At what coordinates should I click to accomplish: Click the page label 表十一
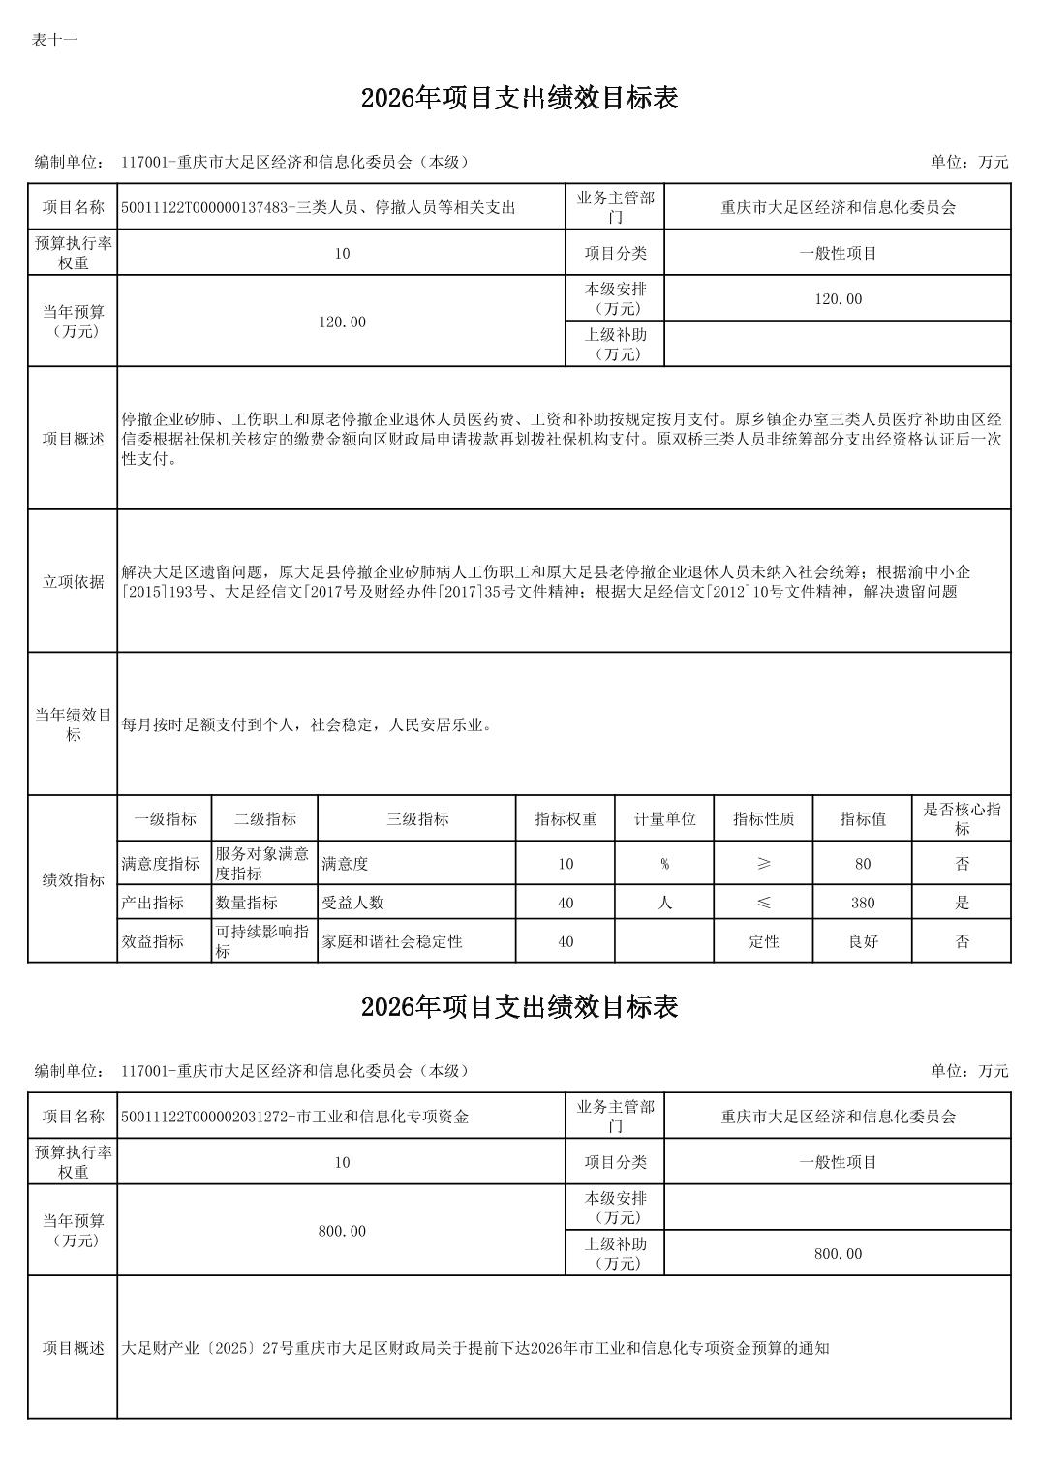click(54, 40)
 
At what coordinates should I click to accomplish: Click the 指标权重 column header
click(566, 818)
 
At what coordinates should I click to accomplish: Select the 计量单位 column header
click(664, 818)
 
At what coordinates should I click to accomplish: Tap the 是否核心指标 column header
click(962, 818)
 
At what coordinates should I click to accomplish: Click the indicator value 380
click(862, 903)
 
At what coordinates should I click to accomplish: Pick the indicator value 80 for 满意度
click(862, 864)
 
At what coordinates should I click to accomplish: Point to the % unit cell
click(664, 864)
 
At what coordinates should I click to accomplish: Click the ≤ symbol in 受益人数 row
click(763, 903)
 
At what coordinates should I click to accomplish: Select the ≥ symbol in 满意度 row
click(763, 864)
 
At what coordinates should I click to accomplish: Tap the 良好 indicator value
click(862, 941)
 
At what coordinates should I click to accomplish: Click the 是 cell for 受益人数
click(962, 903)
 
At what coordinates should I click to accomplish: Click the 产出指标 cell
click(153, 903)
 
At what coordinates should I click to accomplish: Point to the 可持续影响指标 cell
click(262, 941)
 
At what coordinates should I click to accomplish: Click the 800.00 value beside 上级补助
click(838, 1254)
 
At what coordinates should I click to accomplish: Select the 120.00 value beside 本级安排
click(838, 299)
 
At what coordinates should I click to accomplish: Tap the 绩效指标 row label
click(73, 879)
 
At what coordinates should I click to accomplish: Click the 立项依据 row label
click(73, 581)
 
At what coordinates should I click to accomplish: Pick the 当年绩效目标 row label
click(73, 724)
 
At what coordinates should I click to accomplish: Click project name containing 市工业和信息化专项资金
click(295, 1117)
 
